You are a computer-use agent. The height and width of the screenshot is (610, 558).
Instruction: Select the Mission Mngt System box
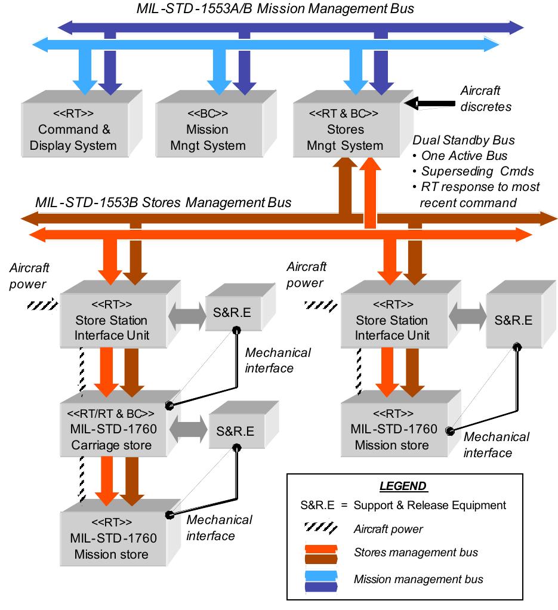207,130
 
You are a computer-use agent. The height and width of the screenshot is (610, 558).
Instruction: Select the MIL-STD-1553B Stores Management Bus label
163,202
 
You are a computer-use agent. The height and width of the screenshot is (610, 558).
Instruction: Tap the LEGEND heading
403,486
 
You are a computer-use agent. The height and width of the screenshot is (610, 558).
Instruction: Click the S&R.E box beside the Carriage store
232,431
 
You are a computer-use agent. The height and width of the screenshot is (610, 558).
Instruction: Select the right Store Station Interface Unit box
391,321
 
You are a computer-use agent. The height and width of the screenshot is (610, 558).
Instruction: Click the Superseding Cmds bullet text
476,171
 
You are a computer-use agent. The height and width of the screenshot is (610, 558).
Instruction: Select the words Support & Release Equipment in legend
430,505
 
